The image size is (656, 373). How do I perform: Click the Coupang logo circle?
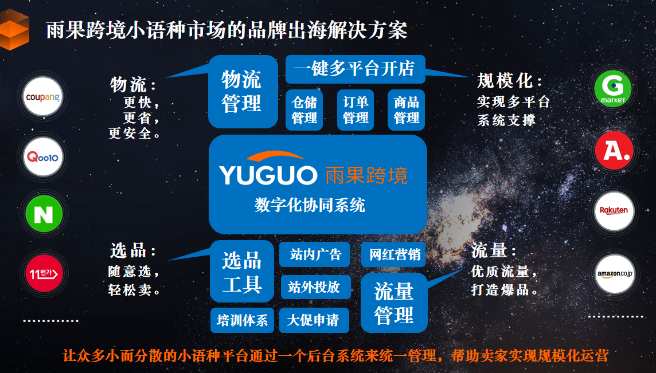click(x=43, y=97)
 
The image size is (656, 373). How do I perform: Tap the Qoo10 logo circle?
click(x=43, y=156)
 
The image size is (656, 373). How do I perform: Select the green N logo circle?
click(x=43, y=214)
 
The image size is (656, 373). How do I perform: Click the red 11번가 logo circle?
click(x=43, y=273)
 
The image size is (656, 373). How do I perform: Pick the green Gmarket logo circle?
click(x=613, y=88)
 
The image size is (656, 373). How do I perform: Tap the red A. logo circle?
click(x=613, y=150)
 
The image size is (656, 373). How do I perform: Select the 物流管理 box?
click(x=242, y=92)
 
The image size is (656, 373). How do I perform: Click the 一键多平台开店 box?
click(x=355, y=69)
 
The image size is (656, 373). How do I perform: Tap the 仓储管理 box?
click(x=304, y=109)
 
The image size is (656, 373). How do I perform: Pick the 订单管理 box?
click(x=356, y=109)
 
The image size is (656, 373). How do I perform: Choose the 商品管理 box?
click(x=407, y=109)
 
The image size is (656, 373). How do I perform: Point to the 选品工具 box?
click(x=242, y=272)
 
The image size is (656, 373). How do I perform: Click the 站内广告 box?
click(x=315, y=254)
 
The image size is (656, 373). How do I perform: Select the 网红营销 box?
click(x=395, y=254)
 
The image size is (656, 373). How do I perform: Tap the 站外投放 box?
click(x=315, y=287)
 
